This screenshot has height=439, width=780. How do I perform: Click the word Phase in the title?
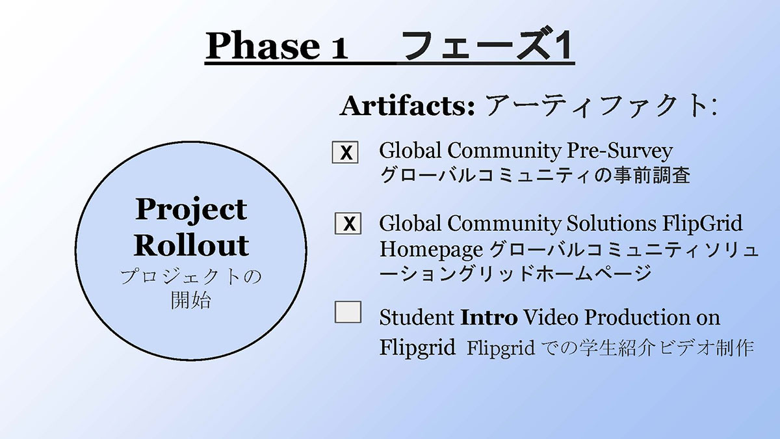263,46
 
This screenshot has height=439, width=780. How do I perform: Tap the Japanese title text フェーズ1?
487,46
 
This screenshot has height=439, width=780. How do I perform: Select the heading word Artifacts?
407,106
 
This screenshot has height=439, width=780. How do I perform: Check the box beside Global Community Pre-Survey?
345,152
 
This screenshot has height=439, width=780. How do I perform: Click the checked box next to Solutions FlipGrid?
348,223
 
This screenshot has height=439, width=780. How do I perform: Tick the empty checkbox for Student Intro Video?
348,312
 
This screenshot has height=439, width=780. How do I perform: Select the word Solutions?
612,223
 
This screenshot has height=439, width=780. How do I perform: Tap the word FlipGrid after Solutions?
703,224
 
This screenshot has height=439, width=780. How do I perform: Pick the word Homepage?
431,250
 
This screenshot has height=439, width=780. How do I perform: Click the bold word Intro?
489,318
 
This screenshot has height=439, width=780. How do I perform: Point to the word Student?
417,318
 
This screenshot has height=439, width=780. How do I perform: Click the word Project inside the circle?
191,209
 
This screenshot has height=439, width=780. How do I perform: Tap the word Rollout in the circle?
191,245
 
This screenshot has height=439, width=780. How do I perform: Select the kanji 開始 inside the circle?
191,300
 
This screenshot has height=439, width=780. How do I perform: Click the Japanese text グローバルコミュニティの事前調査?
535,175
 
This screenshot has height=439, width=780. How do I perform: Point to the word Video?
551,318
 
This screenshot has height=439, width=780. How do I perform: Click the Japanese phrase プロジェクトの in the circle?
191,278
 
